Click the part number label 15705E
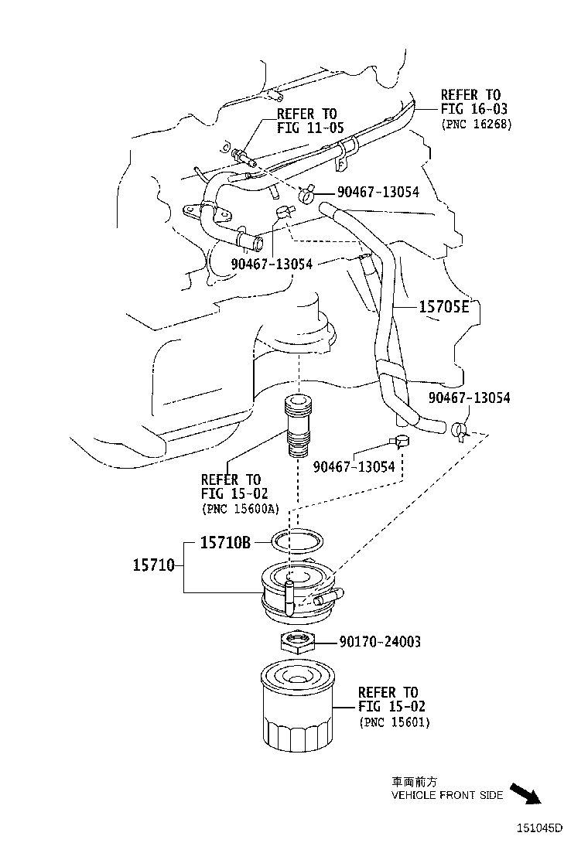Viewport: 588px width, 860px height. [443, 307]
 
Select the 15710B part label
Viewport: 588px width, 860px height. [225, 543]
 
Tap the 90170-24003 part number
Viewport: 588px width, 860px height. [379, 642]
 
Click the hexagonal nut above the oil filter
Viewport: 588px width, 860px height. [296, 641]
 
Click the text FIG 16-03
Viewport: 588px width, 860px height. [474, 109]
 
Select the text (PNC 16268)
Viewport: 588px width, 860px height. [476, 124]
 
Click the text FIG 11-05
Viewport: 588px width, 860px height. [310, 128]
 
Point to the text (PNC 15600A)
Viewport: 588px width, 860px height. [240, 508]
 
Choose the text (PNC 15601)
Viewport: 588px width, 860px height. [395, 722]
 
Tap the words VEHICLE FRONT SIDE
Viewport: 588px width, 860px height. [446, 795]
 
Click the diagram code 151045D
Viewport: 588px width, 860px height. [539, 828]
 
